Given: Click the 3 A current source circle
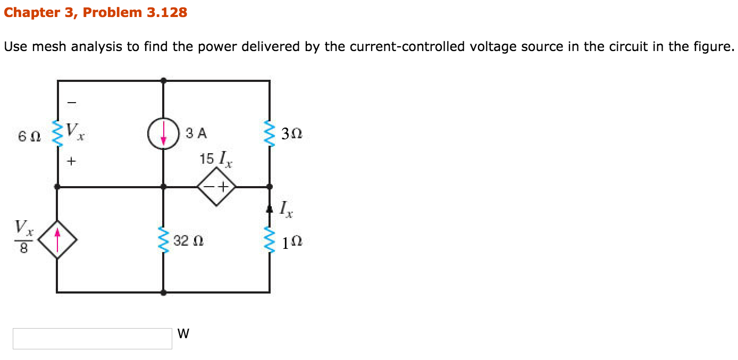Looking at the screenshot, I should [163, 133].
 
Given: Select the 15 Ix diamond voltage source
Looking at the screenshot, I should [216, 187].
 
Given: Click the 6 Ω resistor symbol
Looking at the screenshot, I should [57, 133].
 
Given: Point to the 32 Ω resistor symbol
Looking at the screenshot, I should [163, 240].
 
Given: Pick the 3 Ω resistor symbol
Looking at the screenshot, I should [270, 133].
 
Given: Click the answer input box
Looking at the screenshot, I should [93, 338].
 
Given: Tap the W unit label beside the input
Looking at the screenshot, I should [183, 334].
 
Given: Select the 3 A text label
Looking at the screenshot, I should [196, 133].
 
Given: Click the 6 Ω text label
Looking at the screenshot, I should [29, 136].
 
